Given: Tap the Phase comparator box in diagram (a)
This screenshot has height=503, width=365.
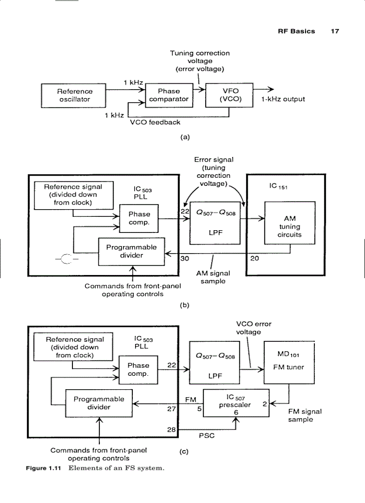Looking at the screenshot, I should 169,95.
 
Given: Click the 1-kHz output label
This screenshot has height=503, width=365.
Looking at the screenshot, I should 283,99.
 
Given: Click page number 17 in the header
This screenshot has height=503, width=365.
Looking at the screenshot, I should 335,31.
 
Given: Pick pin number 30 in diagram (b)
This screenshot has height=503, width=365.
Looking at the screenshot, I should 184,258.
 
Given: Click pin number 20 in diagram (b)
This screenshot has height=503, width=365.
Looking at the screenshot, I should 253,258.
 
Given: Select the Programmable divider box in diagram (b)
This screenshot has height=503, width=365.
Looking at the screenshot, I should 131,251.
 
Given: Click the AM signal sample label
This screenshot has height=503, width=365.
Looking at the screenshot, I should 213,277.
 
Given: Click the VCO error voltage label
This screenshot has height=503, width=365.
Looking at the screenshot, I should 254,328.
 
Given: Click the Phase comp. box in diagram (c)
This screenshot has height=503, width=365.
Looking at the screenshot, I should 138,370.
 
